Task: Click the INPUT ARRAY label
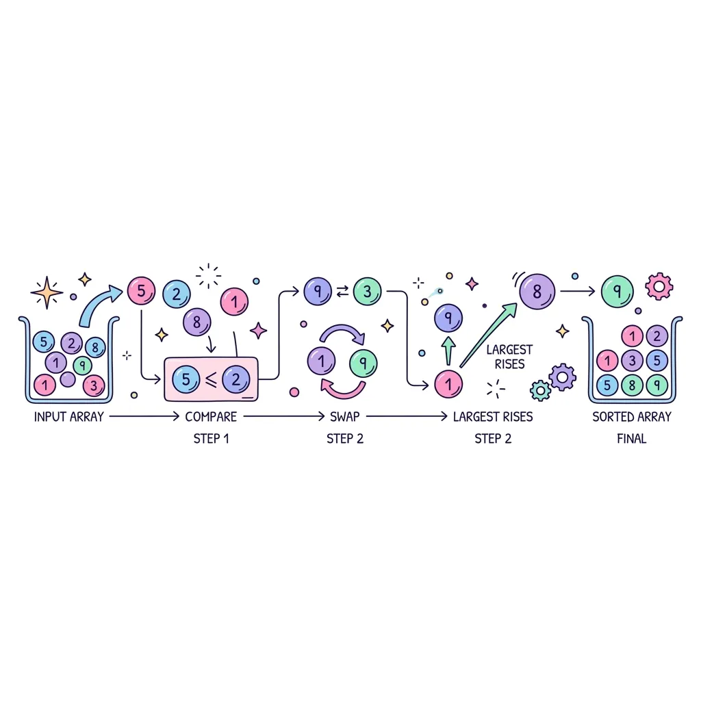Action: click(69, 417)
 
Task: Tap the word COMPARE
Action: click(211, 417)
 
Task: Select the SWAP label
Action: click(345, 417)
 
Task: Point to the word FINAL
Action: click(631, 439)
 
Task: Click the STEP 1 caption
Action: click(211, 439)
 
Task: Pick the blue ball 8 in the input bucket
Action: click(95, 347)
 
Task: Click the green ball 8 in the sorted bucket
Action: click(632, 385)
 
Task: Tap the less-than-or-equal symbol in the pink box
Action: click(211, 379)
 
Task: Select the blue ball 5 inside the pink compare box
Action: click(186, 379)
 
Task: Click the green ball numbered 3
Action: click(367, 292)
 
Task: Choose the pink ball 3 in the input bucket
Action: click(93, 385)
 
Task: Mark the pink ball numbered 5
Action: click(141, 291)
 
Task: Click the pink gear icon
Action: click(659, 286)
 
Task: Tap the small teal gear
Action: click(541, 391)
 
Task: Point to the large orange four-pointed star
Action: click(47, 293)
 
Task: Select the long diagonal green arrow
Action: click(488, 335)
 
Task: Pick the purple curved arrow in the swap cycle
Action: click(342, 332)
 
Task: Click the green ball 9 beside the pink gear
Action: click(617, 292)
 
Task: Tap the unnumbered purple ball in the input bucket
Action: click(68, 379)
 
